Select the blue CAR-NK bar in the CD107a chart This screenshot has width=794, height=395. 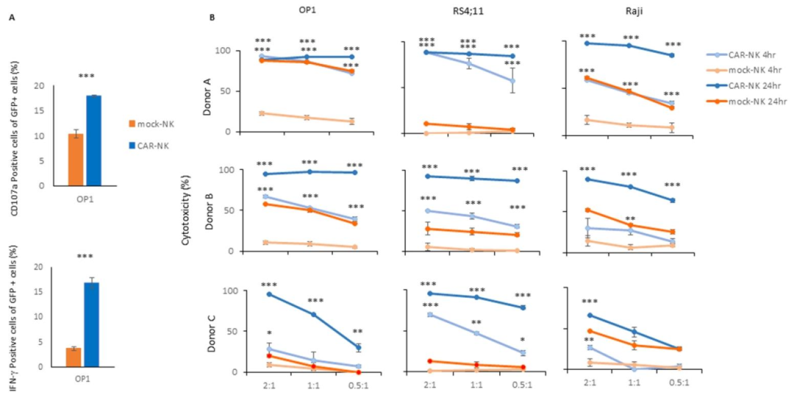(93, 140)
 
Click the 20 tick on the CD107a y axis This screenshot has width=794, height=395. (41, 87)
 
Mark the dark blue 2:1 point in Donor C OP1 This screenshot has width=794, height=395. (268, 294)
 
